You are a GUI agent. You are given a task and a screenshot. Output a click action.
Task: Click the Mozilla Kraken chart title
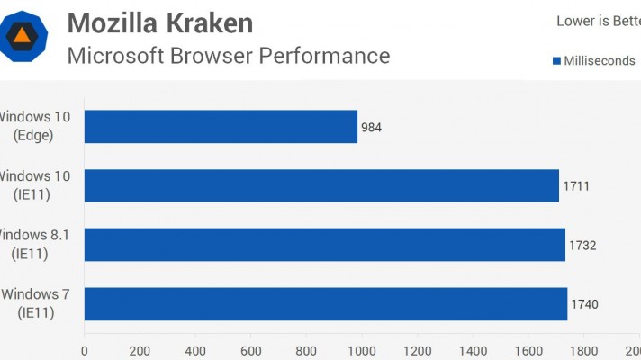[160, 22]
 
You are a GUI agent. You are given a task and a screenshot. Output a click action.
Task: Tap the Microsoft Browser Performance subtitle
[229, 56]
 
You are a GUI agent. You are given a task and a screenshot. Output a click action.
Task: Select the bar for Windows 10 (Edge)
[221, 127]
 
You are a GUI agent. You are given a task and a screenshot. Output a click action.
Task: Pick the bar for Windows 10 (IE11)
[321, 185]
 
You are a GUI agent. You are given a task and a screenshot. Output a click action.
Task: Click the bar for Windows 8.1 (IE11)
[324, 245]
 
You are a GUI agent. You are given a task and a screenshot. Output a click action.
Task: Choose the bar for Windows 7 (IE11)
[326, 304]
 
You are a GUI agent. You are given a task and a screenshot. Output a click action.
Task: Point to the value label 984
[371, 128]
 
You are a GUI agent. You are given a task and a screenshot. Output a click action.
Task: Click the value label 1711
[576, 186]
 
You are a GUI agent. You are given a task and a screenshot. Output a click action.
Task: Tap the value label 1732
[582, 246]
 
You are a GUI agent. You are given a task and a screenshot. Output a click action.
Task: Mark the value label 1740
[584, 305]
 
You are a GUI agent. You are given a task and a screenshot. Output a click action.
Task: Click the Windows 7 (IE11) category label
[36, 303]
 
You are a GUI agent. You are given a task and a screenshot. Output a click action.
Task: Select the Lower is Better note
[598, 22]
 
